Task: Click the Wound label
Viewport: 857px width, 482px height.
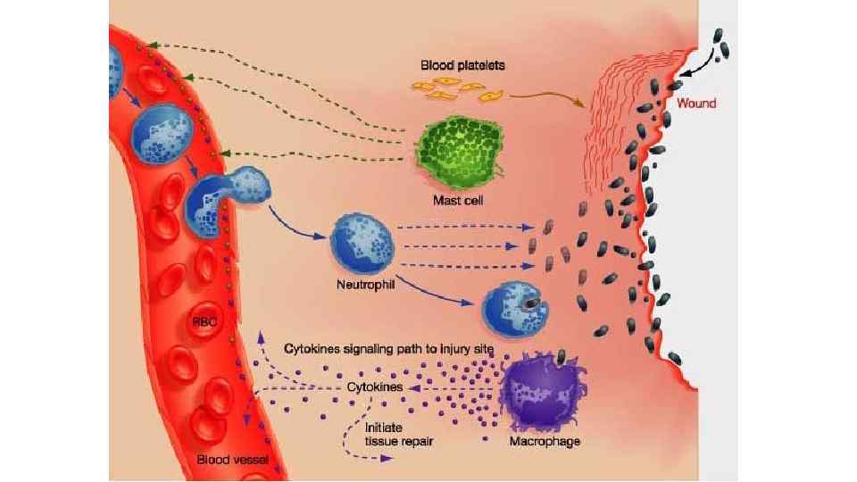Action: [696, 104]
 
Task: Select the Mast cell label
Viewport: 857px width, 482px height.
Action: [459, 200]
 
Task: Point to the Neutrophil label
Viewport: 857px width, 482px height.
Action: [365, 287]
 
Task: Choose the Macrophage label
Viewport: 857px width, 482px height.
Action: [545, 442]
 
